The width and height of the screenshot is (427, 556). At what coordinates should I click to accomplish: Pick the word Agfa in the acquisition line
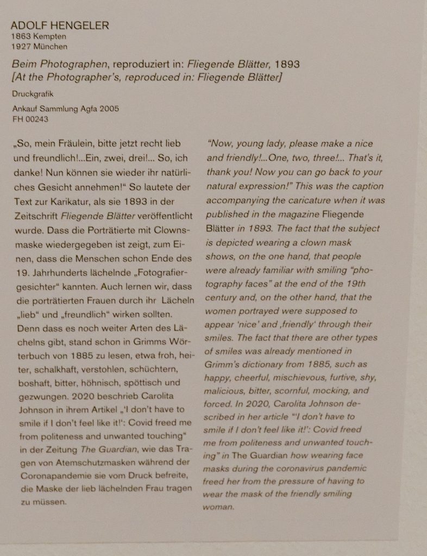pyautogui.click(x=89, y=109)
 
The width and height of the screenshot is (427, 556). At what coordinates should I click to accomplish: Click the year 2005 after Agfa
pyautogui.click(x=109, y=109)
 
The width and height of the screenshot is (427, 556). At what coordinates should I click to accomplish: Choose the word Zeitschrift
pyautogui.click(x=33, y=214)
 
